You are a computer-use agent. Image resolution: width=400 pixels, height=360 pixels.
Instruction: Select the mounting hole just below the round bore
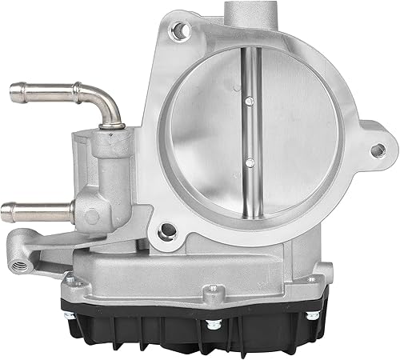click(x=167, y=233)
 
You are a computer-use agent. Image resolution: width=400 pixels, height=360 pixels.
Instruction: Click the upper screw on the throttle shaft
click(x=251, y=99)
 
